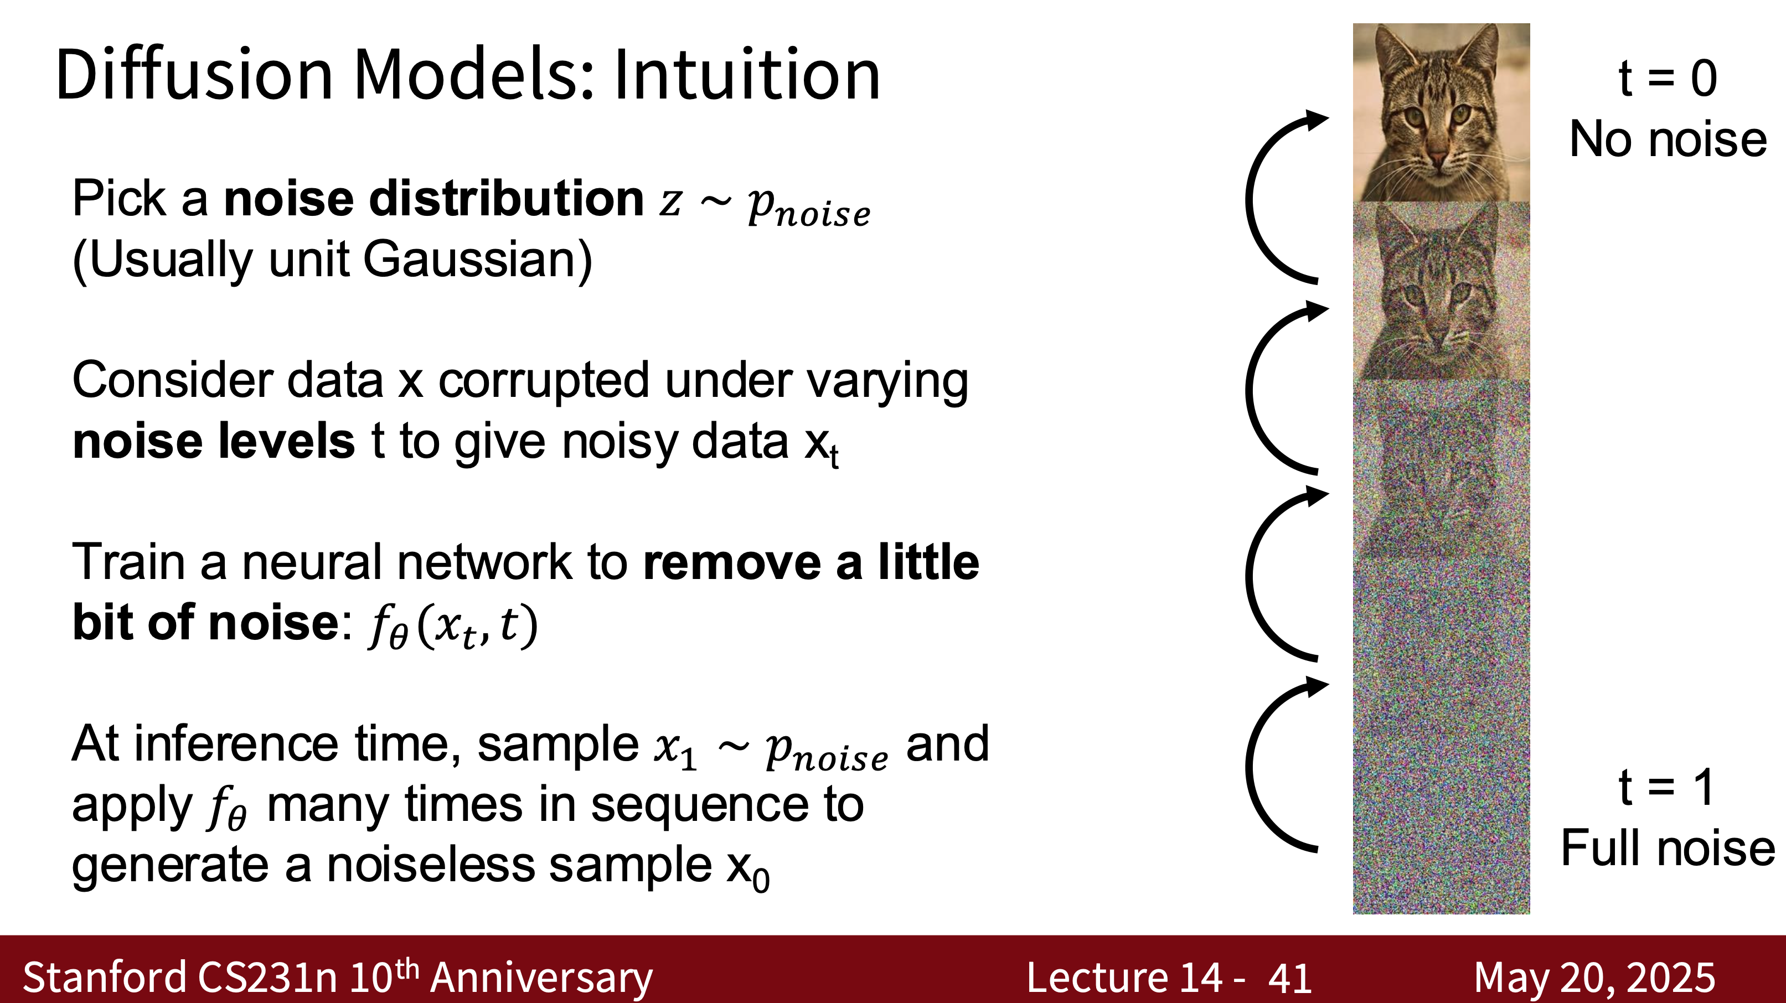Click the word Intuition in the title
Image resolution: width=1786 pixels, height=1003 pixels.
[x=747, y=74]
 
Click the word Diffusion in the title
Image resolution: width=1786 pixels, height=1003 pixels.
[x=195, y=74]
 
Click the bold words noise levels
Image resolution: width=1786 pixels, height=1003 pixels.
[x=214, y=442]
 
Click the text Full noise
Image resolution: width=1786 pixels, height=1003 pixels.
[x=1668, y=849]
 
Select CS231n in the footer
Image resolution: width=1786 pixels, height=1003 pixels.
[x=267, y=978]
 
